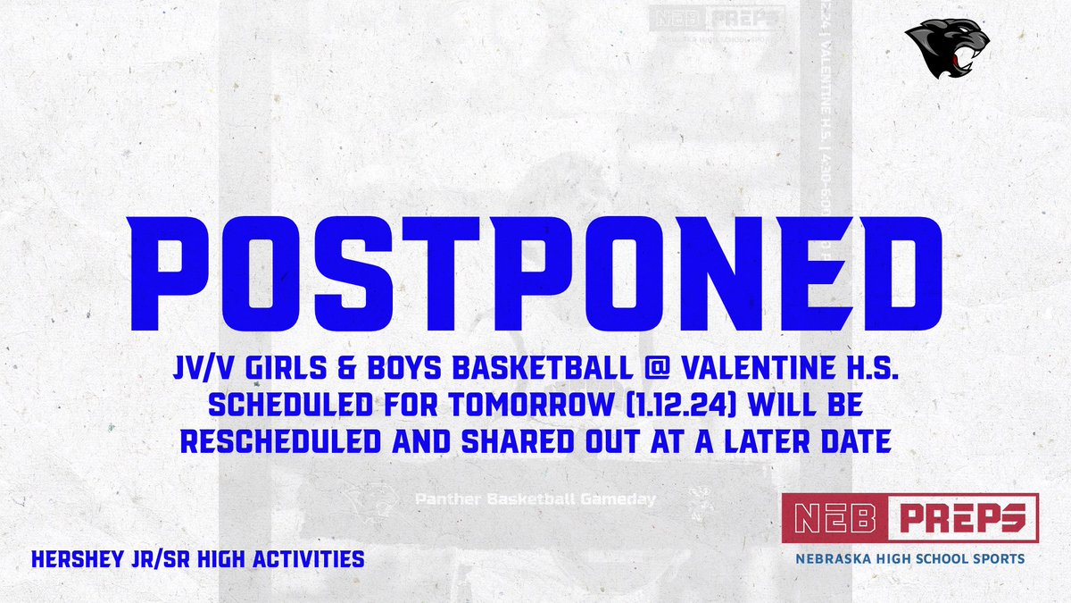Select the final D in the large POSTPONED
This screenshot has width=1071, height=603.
click(883, 259)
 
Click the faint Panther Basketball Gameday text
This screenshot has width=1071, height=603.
click(535, 499)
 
